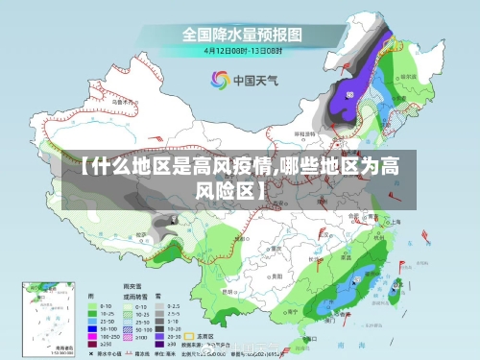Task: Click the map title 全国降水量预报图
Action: click(241, 35)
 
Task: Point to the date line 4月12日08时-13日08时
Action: click(241, 50)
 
